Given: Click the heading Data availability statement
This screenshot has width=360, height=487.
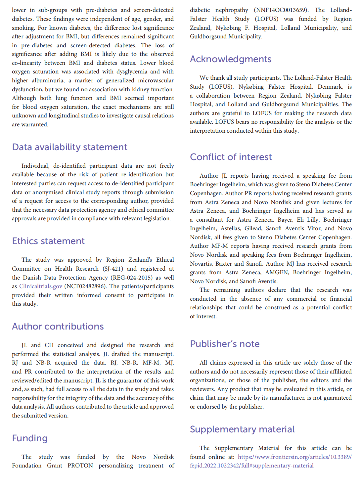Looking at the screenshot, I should point(69,147).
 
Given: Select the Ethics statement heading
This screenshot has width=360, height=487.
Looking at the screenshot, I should point(48,241).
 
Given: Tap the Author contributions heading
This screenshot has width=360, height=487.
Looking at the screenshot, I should point(58,327).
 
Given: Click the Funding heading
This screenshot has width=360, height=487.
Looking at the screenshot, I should point(30,438).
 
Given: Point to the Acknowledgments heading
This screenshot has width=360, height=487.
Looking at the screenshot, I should point(231,59).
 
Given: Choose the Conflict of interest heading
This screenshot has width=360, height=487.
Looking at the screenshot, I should point(231,157).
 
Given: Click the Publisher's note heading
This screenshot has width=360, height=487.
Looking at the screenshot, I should point(225,344).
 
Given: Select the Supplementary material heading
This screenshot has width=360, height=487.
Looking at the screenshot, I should point(242,429).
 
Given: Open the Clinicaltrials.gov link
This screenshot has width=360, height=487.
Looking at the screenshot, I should point(41,287).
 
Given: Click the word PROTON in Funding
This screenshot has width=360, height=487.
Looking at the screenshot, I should point(80,466).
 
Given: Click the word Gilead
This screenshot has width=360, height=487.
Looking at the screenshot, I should point(253,229).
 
